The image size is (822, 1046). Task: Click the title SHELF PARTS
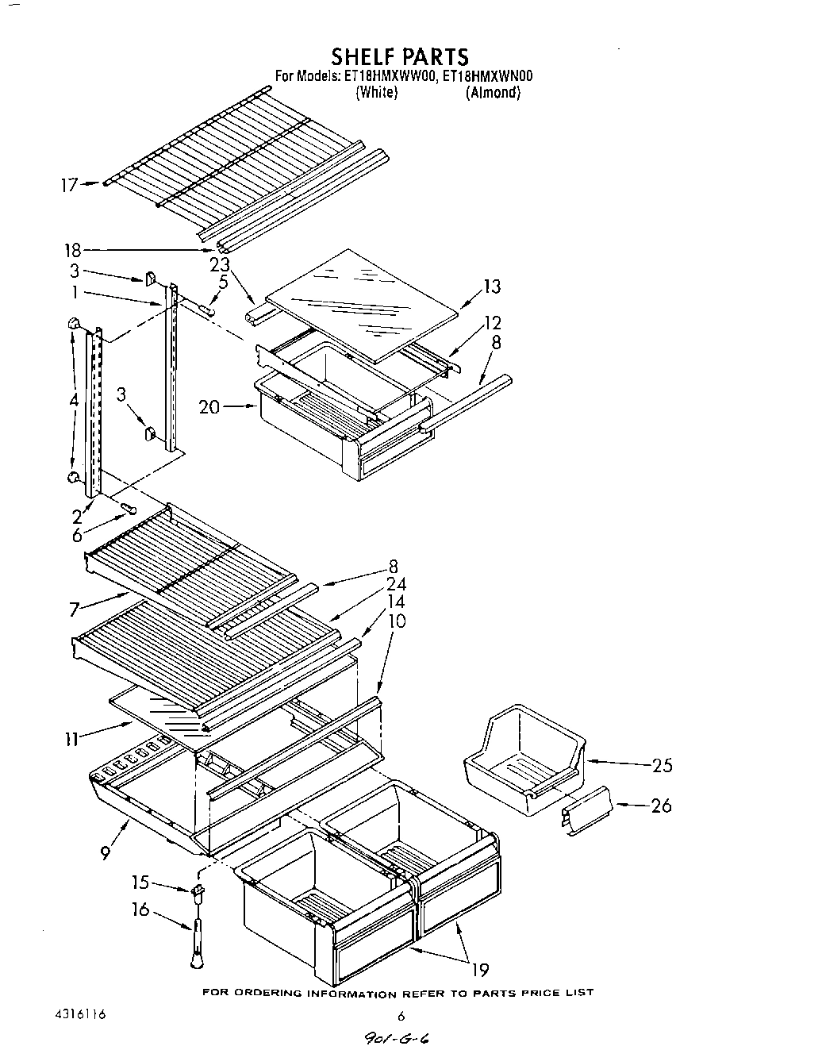tap(399, 56)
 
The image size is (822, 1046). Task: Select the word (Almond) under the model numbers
tap(493, 93)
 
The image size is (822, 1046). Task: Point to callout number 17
tap(69, 185)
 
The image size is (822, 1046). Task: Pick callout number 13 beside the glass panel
tap(491, 286)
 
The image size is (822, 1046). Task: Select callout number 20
tap(210, 408)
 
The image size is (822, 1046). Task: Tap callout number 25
tap(661, 766)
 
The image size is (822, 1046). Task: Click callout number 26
tap(660, 806)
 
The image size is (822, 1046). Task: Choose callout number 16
tap(140, 909)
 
